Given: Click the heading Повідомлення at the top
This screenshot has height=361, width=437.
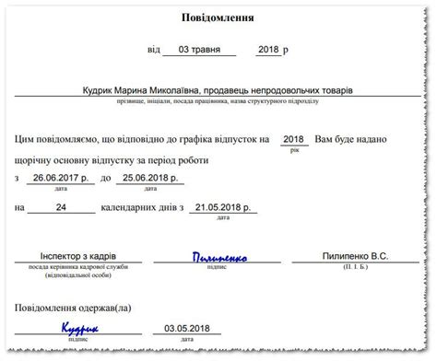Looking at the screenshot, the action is [218, 17].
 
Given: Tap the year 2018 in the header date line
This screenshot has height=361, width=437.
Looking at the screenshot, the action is [268, 49].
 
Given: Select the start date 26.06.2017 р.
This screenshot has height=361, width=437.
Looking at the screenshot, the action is [57, 177].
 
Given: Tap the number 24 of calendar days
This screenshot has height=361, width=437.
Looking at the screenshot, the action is [61, 209].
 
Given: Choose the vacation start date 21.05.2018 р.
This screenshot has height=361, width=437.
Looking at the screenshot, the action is [222, 209].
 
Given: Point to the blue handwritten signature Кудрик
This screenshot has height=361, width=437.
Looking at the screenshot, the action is [80, 327].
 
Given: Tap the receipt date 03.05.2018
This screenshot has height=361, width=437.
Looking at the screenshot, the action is [187, 328].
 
